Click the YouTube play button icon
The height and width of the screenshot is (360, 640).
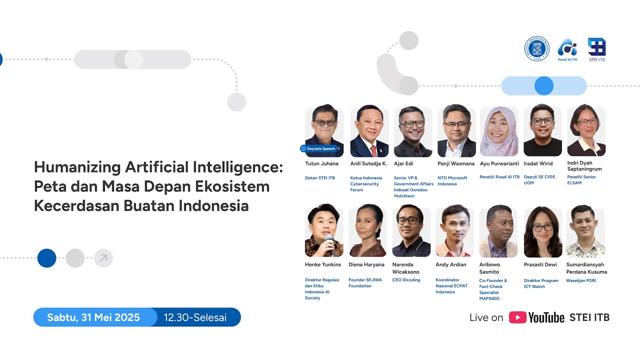pyautogui.click(x=517, y=317)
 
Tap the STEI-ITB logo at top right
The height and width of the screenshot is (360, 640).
pyautogui.click(x=596, y=48)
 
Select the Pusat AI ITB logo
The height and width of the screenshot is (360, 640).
pyautogui.click(x=567, y=48)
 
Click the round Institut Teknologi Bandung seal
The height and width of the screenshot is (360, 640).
pyautogui.click(x=536, y=48)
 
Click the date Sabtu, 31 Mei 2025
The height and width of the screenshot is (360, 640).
pyautogui.click(x=93, y=317)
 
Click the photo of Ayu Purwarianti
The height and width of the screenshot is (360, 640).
pyautogui.click(x=499, y=131)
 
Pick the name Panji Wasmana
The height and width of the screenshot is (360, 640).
pyautogui.click(x=455, y=163)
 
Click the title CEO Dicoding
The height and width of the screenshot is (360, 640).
pyautogui.click(x=406, y=280)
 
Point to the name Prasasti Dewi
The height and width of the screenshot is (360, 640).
pyautogui.click(x=540, y=264)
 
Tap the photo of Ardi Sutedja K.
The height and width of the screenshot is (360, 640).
pyautogui.click(x=369, y=131)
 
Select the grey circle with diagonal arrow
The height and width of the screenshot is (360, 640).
pyautogui.click(x=103, y=258)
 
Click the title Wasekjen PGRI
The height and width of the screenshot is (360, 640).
pyautogui.click(x=580, y=280)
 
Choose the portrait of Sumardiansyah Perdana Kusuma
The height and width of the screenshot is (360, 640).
pyautogui.click(x=585, y=231)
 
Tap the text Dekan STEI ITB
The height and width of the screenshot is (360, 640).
pyautogui.click(x=320, y=178)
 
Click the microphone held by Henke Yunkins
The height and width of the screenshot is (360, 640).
pyautogui.click(x=328, y=240)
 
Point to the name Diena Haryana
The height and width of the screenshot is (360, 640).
pyautogui.click(x=366, y=264)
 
